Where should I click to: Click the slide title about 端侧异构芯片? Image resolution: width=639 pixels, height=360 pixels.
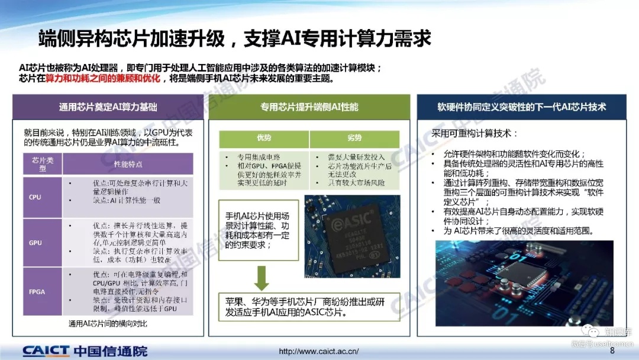pos(234,38)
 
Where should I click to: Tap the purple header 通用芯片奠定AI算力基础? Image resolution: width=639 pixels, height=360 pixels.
pos(108,107)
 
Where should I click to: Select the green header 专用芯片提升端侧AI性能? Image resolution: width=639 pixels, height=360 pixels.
pos(309,107)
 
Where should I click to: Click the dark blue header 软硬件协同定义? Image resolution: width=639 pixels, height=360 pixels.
pos(521,107)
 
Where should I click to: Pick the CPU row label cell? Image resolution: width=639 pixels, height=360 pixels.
pos(35,197)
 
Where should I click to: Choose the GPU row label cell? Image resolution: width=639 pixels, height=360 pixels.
pos(35,243)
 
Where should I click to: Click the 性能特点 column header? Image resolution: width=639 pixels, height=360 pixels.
pos(128,163)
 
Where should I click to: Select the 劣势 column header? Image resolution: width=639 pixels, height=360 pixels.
pos(354,138)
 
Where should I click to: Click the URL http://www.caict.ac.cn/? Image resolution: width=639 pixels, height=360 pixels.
pos(318,351)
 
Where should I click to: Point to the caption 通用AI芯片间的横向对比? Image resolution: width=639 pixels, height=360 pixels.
pos(108,324)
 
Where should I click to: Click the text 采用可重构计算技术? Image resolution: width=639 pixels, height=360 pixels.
pos(475,133)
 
